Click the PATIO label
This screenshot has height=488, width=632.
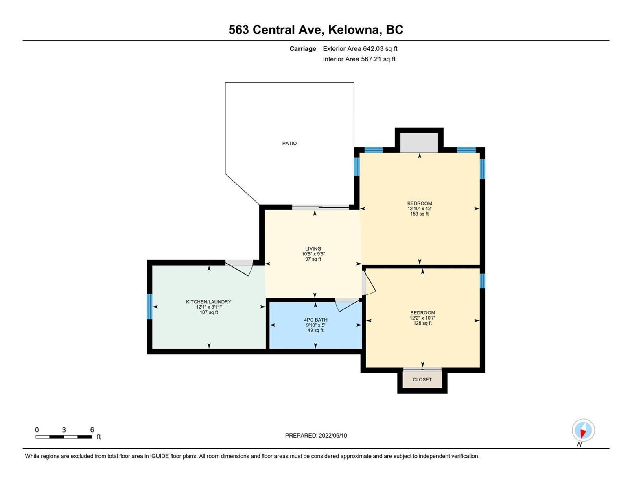(289, 143)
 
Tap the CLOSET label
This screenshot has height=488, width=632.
(422, 379)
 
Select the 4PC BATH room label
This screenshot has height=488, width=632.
(315, 320)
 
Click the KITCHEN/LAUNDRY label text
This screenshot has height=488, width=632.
(208, 302)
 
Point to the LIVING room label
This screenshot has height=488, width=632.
(313, 248)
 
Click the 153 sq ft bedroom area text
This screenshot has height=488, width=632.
(420, 213)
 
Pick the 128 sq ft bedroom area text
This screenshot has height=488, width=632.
(422, 323)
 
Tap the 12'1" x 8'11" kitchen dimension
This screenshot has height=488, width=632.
(209, 307)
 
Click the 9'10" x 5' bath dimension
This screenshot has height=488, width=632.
(315, 325)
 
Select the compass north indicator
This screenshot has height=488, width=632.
(583, 430)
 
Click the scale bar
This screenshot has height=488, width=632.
(64, 437)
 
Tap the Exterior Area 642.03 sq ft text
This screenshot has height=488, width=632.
(360, 48)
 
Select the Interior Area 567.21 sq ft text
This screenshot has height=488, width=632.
(359, 59)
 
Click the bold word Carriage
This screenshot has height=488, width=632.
(303, 48)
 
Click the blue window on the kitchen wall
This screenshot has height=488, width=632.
(149, 306)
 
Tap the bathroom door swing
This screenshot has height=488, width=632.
(348, 305)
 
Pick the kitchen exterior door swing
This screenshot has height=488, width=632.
(239, 268)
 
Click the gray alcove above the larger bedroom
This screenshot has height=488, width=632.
(419, 142)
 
